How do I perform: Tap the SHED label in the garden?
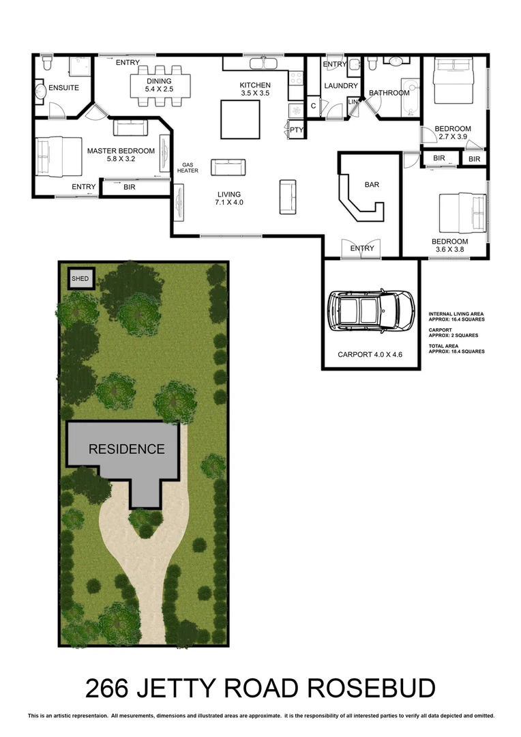point(80,278)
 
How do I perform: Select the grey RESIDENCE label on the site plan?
point(126,449)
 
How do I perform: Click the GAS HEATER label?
point(189,168)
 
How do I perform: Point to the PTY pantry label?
point(297,129)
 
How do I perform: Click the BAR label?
point(372,184)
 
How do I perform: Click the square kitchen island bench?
point(239,119)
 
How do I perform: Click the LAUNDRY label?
point(341,86)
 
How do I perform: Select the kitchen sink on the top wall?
point(263,63)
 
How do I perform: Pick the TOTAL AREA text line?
point(456,349)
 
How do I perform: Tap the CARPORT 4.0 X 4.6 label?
point(371,355)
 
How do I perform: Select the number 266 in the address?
point(108,689)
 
